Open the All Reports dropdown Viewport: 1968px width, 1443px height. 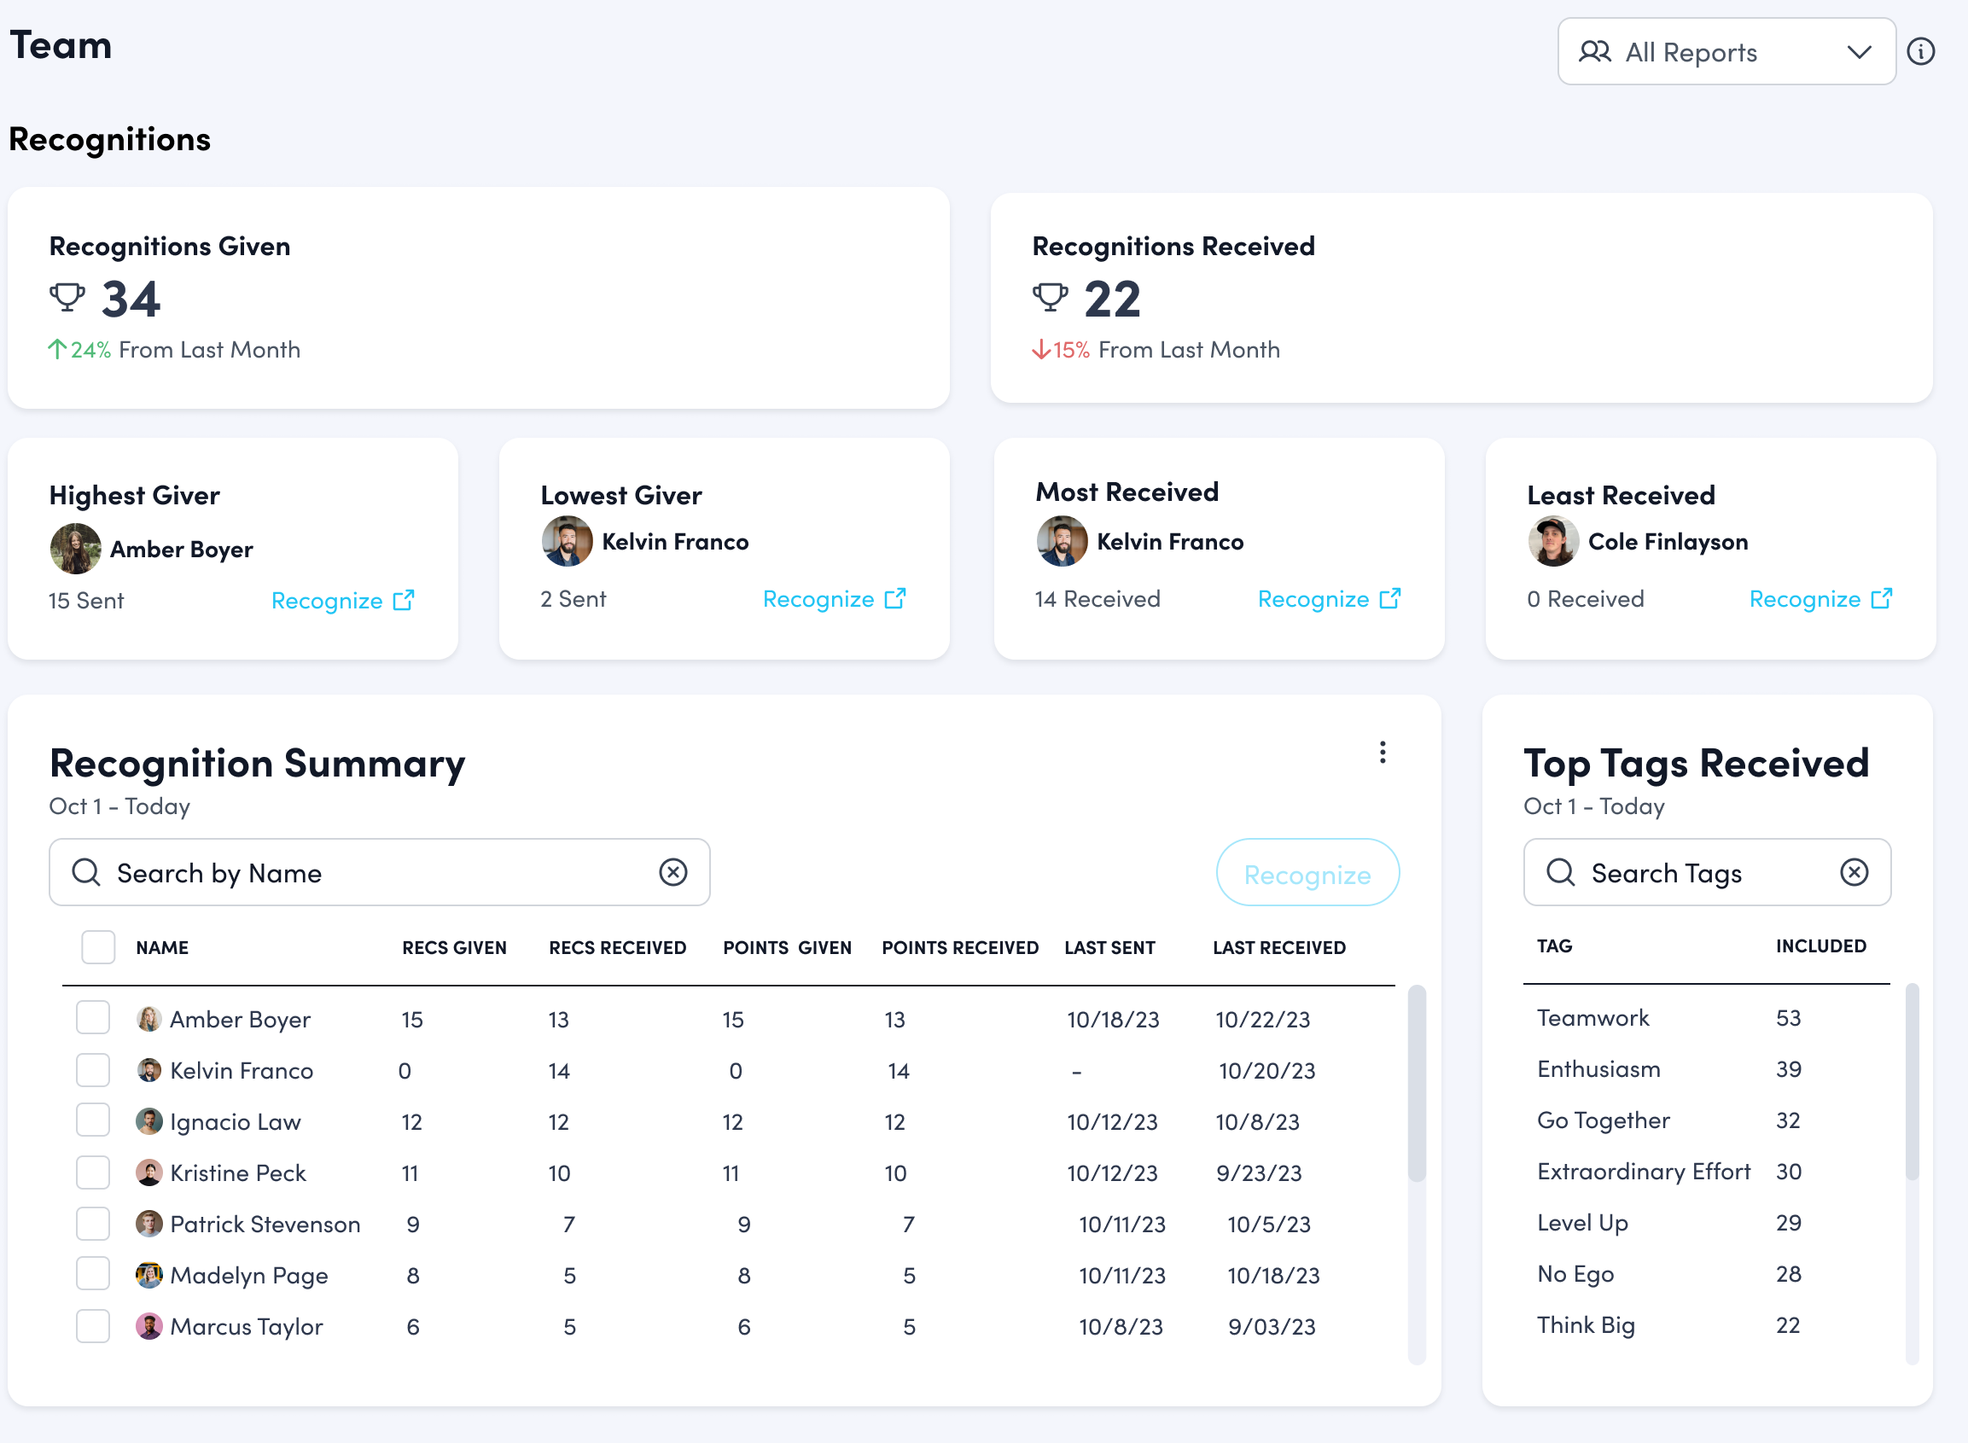click(x=1725, y=52)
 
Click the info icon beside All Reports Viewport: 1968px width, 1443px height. click(x=1920, y=51)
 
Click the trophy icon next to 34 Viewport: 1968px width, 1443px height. click(x=67, y=297)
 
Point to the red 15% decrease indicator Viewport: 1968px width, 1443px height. click(x=1062, y=350)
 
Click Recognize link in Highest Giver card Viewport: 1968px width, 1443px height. click(x=342, y=601)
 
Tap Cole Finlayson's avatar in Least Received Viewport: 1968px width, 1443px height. click(x=1553, y=542)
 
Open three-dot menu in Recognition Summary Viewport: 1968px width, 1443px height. click(x=1382, y=753)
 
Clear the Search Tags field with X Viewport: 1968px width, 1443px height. click(x=1854, y=872)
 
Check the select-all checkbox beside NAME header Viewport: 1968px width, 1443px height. click(x=98, y=948)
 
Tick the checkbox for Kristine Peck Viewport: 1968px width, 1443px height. click(x=92, y=1173)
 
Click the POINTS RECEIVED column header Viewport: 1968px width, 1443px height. click(x=959, y=948)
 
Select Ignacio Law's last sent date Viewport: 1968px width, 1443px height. click(x=1112, y=1122)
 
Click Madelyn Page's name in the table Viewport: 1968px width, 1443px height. click(x=249, y=1276)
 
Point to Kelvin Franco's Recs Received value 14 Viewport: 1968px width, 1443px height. click(x=559, y=1071)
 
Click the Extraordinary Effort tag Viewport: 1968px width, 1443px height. click(x=1643, y=1172)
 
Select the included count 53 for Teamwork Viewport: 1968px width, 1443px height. click(x=1788, y=1019)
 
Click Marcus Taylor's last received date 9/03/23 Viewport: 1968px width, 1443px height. click(x=1271, y=1328)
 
